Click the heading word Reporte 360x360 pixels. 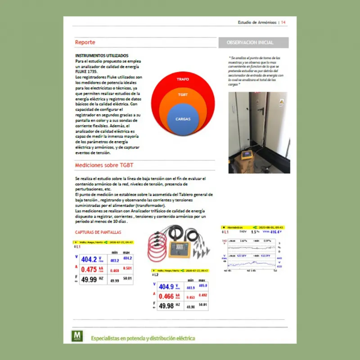85,42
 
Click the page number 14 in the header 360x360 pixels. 283,22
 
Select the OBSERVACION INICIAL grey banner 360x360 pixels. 253,43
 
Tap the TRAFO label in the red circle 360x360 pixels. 183,79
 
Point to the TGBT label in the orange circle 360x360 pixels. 183,95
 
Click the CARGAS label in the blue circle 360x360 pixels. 183,119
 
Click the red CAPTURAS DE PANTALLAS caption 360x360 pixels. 98,233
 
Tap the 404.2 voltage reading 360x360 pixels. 89,260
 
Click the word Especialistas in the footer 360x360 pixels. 107,338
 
